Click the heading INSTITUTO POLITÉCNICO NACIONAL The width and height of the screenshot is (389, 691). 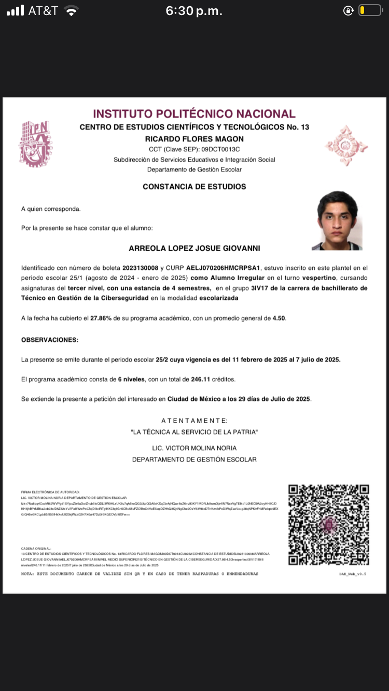point(194,114)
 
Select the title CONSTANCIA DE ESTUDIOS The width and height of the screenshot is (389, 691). point(194,186)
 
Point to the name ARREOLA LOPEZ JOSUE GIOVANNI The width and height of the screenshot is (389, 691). point(194,249)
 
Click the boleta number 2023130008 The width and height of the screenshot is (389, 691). point(140,268)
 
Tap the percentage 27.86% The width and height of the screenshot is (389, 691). point(102,318)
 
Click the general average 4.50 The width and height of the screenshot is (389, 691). point(279,318)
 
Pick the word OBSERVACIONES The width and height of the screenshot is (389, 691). point(50,340)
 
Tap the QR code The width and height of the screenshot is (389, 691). point(328,525)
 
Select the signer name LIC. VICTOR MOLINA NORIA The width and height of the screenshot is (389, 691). point(194,448)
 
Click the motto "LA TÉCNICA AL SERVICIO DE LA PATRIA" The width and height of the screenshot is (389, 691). point(194,432)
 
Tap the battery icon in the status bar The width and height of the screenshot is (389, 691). point(370,10)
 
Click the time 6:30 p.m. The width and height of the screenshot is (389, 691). point(193,11)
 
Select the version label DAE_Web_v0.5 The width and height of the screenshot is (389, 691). point(353,574)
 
